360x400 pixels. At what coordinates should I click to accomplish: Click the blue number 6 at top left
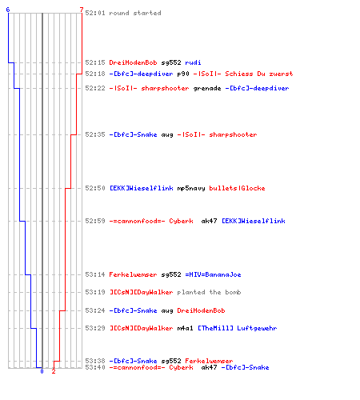8,10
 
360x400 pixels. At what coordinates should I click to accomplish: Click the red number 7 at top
82,10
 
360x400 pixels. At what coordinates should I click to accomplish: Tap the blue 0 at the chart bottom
42,371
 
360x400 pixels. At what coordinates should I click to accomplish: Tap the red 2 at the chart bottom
54,371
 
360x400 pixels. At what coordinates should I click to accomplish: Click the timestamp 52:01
95,13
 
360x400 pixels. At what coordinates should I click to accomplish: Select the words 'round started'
135,13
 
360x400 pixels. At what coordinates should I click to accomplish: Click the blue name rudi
193,62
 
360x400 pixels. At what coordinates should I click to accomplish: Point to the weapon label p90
183,74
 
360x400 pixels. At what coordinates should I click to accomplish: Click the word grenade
207,88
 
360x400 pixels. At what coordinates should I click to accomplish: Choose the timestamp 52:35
95,134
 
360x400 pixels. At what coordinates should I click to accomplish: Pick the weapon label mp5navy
191,188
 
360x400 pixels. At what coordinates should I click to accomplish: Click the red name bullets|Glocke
237,188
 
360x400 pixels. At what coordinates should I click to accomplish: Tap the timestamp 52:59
95,221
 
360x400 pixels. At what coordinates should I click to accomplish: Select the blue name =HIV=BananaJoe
213,274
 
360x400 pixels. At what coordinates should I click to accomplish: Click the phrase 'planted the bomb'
209,292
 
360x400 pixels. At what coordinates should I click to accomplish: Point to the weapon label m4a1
185,328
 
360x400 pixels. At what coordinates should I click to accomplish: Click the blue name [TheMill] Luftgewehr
238,328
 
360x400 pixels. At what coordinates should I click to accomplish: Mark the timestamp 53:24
95,310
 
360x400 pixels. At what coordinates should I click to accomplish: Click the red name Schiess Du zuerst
259,74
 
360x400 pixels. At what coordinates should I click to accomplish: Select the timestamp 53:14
95,274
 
